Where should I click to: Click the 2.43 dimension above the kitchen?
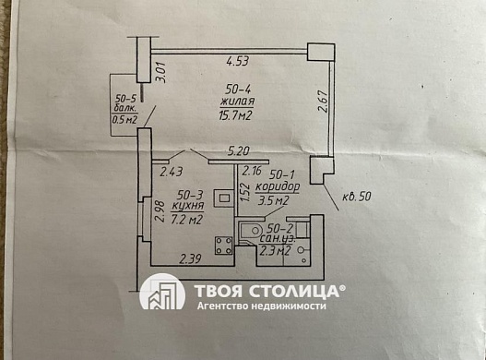point(172,170)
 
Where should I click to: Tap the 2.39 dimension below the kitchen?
point(191,259)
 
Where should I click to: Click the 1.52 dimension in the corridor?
point(245,192)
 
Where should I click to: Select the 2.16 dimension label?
point(251,171)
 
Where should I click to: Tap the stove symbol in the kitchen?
point(222,246)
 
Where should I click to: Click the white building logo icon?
point(162,293)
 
